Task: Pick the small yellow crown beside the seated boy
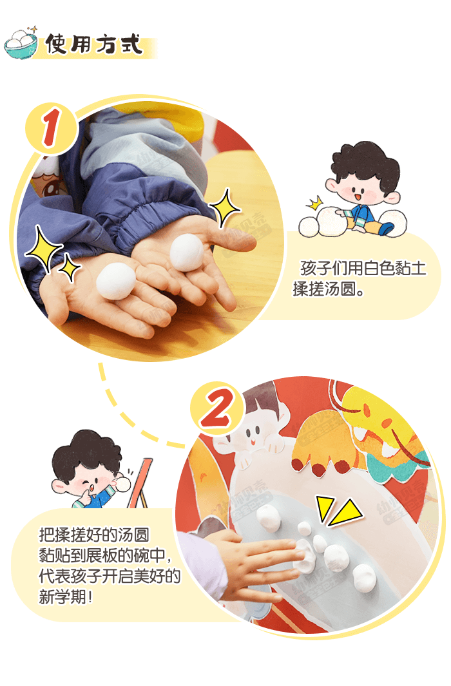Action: coord(314,204)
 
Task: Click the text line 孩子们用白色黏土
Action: coord(363,268)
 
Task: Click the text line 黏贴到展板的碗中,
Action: coord(106,556)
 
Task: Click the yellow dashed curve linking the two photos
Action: coord(129,412)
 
